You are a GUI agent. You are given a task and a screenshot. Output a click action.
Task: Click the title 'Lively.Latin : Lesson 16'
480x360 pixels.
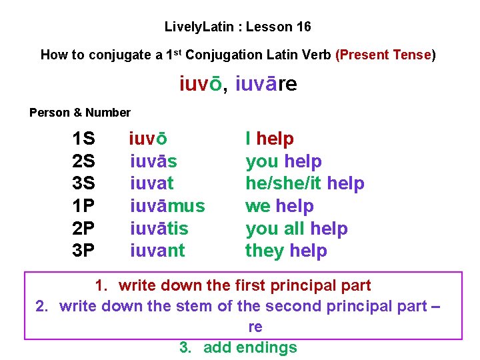pyautogui.click(x=238, y=27)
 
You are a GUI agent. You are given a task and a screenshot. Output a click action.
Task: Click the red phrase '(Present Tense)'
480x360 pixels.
pyautogui.click(x=387, y=55)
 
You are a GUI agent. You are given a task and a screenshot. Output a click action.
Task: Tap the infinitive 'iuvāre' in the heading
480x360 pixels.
pyautogui.click(x=266, y=85)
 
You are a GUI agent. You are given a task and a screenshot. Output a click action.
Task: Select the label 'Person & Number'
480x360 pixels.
pyautogui.click(x=80, y=113)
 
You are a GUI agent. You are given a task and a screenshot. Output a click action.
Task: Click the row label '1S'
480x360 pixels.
pyautogui.click(x=83, y=139)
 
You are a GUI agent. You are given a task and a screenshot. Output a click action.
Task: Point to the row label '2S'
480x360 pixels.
pyautogui.click(x=83, y=161)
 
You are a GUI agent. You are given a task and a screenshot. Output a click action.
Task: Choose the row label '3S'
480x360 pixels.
pyautogui.click(x=83, y=183)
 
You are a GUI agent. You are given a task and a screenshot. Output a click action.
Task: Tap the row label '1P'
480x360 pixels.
pyautogui.click(x=83, y=206)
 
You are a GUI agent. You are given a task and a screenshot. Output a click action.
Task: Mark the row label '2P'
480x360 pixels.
pyautogui.click(x=83, y=229)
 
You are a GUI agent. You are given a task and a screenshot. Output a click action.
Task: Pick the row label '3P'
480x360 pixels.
pyautogui.click(x=83, y=251)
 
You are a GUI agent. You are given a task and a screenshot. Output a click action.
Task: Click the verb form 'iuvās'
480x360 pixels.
pyautogui.click(x=154, y=161)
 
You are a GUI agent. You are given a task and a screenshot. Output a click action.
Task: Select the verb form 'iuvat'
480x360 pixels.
pyautogui.click(x=152, y=183)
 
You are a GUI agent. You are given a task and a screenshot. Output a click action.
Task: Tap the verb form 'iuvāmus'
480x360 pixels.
pyautogui.click(x=167, y=206)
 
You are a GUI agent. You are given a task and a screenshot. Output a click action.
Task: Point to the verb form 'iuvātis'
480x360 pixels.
pyautogui.click(x=159, y=229)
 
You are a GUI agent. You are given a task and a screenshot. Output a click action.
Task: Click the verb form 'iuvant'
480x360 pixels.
pyautogui.click(x=158, y=251)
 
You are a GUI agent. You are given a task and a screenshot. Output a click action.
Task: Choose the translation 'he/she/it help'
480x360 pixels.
pyautogui.click(x=305, y=183)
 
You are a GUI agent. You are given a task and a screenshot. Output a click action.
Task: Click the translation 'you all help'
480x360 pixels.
pyautogui.click(x=297, y=229)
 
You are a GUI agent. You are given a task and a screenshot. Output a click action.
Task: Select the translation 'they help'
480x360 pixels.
pyautogui.click(x=286, y=251)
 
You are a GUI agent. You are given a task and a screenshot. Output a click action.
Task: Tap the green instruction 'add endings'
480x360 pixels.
pyautogui.click(x=250, y=347)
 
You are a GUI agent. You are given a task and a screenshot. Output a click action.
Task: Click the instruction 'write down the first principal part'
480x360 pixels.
pyautogui.click(x=245, y=286)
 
